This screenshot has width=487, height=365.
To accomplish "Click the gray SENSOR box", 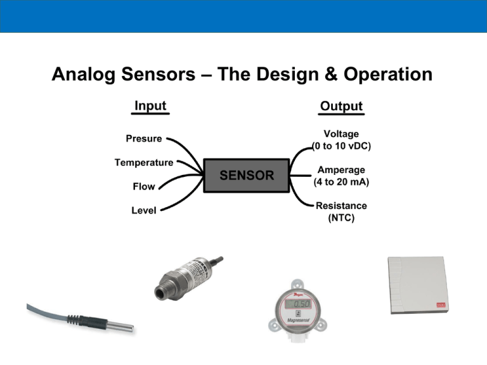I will coord(246,176).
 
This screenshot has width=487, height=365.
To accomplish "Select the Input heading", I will coord(150,106).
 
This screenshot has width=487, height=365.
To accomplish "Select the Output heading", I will coord(341,106).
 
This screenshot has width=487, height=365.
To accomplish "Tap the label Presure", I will coord(143,138).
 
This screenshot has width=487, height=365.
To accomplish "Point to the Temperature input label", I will coord(143,162).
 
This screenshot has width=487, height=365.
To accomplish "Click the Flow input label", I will coord(144,187).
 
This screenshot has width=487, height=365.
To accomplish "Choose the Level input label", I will coord(144,210).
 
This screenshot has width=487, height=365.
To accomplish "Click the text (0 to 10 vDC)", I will coord(341,146).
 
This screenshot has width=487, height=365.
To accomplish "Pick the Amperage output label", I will coord(341,170).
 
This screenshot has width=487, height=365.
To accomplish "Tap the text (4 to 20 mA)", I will coord(341,182).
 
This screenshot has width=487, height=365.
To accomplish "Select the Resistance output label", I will coord(341,206).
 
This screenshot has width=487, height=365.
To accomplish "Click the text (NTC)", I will coord(341,218).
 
